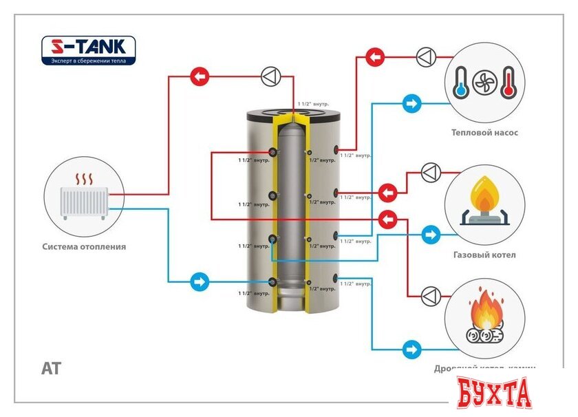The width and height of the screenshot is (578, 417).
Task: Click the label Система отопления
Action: tap(84, 246)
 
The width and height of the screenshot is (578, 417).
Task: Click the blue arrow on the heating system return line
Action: tap(199, 281)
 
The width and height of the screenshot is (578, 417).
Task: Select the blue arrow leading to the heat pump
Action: tap(411, 105)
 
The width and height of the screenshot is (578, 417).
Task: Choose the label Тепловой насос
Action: tap(484, 133)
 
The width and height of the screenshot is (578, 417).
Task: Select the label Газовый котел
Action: tap(484, 255)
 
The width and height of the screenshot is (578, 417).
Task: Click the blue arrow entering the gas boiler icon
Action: tap(431, 235)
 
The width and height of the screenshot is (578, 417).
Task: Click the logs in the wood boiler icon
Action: tap(484, 335)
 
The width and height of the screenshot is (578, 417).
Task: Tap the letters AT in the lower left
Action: tap(51, 369)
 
